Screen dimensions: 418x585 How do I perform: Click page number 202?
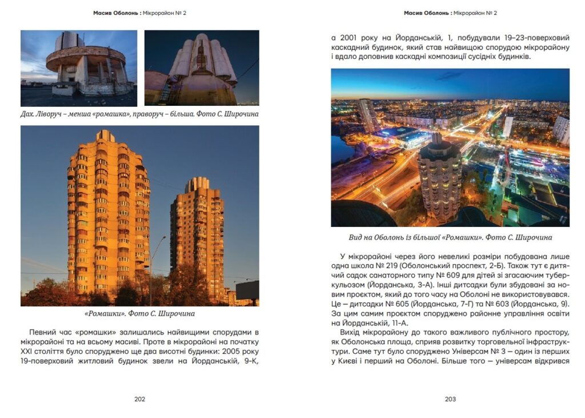pos(139,399)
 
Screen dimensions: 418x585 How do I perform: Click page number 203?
pos(450,399)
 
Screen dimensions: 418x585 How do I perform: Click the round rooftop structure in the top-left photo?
pos(86,63)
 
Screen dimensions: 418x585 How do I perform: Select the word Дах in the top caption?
pos(27,114)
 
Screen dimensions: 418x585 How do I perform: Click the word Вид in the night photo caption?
pos(356,237)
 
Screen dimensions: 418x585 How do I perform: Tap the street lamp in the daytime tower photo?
pos(153,269)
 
